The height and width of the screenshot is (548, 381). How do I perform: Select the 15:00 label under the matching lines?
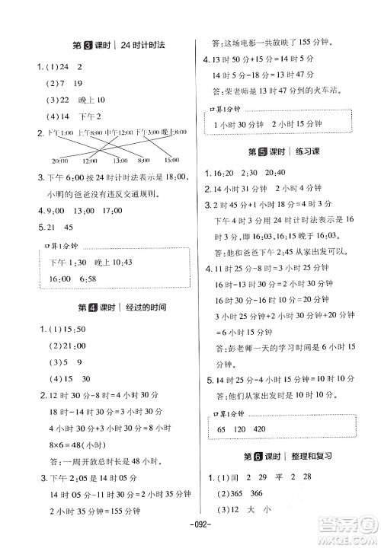pyautogui.click(x=171, y=161)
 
